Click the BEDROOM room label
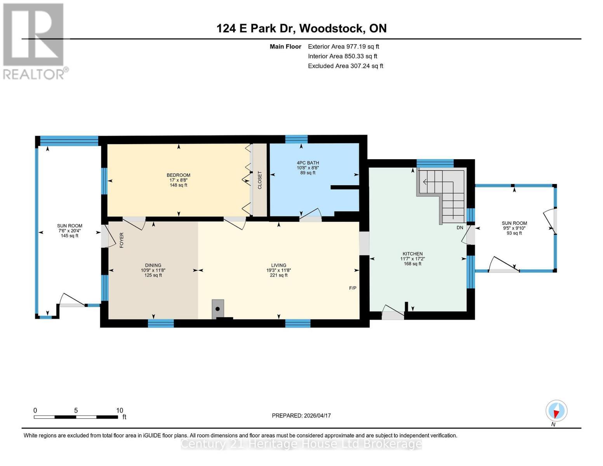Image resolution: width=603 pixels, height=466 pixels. [178, 175]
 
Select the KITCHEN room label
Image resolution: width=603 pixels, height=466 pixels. [412, 254]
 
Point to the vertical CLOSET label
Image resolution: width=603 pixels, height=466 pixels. [260, 180]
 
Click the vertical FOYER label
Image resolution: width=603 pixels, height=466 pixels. [122, 240]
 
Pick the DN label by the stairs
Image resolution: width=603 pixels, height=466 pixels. [460, 228]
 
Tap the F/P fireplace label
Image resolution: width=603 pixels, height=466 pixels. [353, 288]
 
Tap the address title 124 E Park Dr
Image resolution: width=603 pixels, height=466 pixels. [301, 28]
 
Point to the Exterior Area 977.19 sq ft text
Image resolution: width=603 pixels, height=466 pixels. [343, 46]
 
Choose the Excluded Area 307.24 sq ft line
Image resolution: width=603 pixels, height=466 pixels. [345, 66]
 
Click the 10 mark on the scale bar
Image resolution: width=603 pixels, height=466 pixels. [120, 410]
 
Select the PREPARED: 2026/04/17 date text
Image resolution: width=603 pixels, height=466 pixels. [301, 416]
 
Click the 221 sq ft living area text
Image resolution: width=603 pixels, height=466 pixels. [278, 275]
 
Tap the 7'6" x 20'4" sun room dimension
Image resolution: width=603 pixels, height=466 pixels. [70, 231]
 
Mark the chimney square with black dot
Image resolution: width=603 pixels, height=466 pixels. [218, 309]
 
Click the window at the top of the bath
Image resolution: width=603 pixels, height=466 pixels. [296, 139]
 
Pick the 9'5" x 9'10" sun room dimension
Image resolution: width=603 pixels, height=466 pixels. [514, 228]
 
